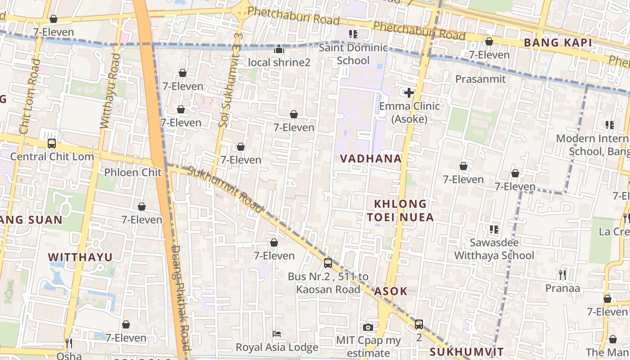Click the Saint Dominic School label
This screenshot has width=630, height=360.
(x=353, y=54)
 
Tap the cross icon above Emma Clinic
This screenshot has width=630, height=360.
(x=409, y=93)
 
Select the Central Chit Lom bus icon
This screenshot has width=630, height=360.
(x=52, y=144)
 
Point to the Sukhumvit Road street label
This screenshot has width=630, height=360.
(x=225, y=189)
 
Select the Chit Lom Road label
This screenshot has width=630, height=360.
(x=30, y=97)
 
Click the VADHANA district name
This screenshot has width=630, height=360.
(x=371, y=158)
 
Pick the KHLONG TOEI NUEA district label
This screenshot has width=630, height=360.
(x=400, y=211)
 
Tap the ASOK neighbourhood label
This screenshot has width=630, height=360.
(x=391, y=291)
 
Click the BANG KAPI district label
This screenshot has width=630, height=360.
(x=558, y=43)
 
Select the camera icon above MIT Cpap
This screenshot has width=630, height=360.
(x=368, y=327)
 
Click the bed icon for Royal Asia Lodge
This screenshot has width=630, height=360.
(x=277, y=334)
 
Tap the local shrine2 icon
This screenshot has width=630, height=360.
(x=279, y=49)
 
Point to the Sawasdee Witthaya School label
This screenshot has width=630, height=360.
(x=494, y=249)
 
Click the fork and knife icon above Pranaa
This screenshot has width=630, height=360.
(x=562, y=274)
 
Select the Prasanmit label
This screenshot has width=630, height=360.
(x=481, y=79)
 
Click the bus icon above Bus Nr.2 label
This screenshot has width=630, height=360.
(x=328, y=263)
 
